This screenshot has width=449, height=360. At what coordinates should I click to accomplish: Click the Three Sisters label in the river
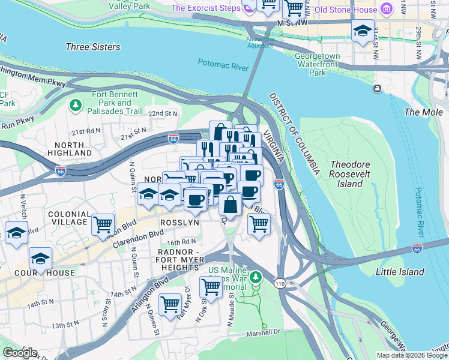tap(92, 47)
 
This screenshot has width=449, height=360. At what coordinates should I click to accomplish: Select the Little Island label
tap(400, 272)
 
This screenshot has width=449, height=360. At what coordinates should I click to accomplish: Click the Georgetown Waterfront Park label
tap(318, 64)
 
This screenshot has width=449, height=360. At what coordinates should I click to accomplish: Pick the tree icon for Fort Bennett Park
tap(76, 106)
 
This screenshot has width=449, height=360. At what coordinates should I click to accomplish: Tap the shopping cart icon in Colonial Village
tap(103, 226)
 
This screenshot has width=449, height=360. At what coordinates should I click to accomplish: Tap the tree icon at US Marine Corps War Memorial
tap(256, 277)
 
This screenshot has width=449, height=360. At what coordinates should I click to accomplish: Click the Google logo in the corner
tap(20, 353)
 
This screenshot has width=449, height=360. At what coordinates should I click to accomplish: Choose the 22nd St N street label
tap(164, 113)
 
